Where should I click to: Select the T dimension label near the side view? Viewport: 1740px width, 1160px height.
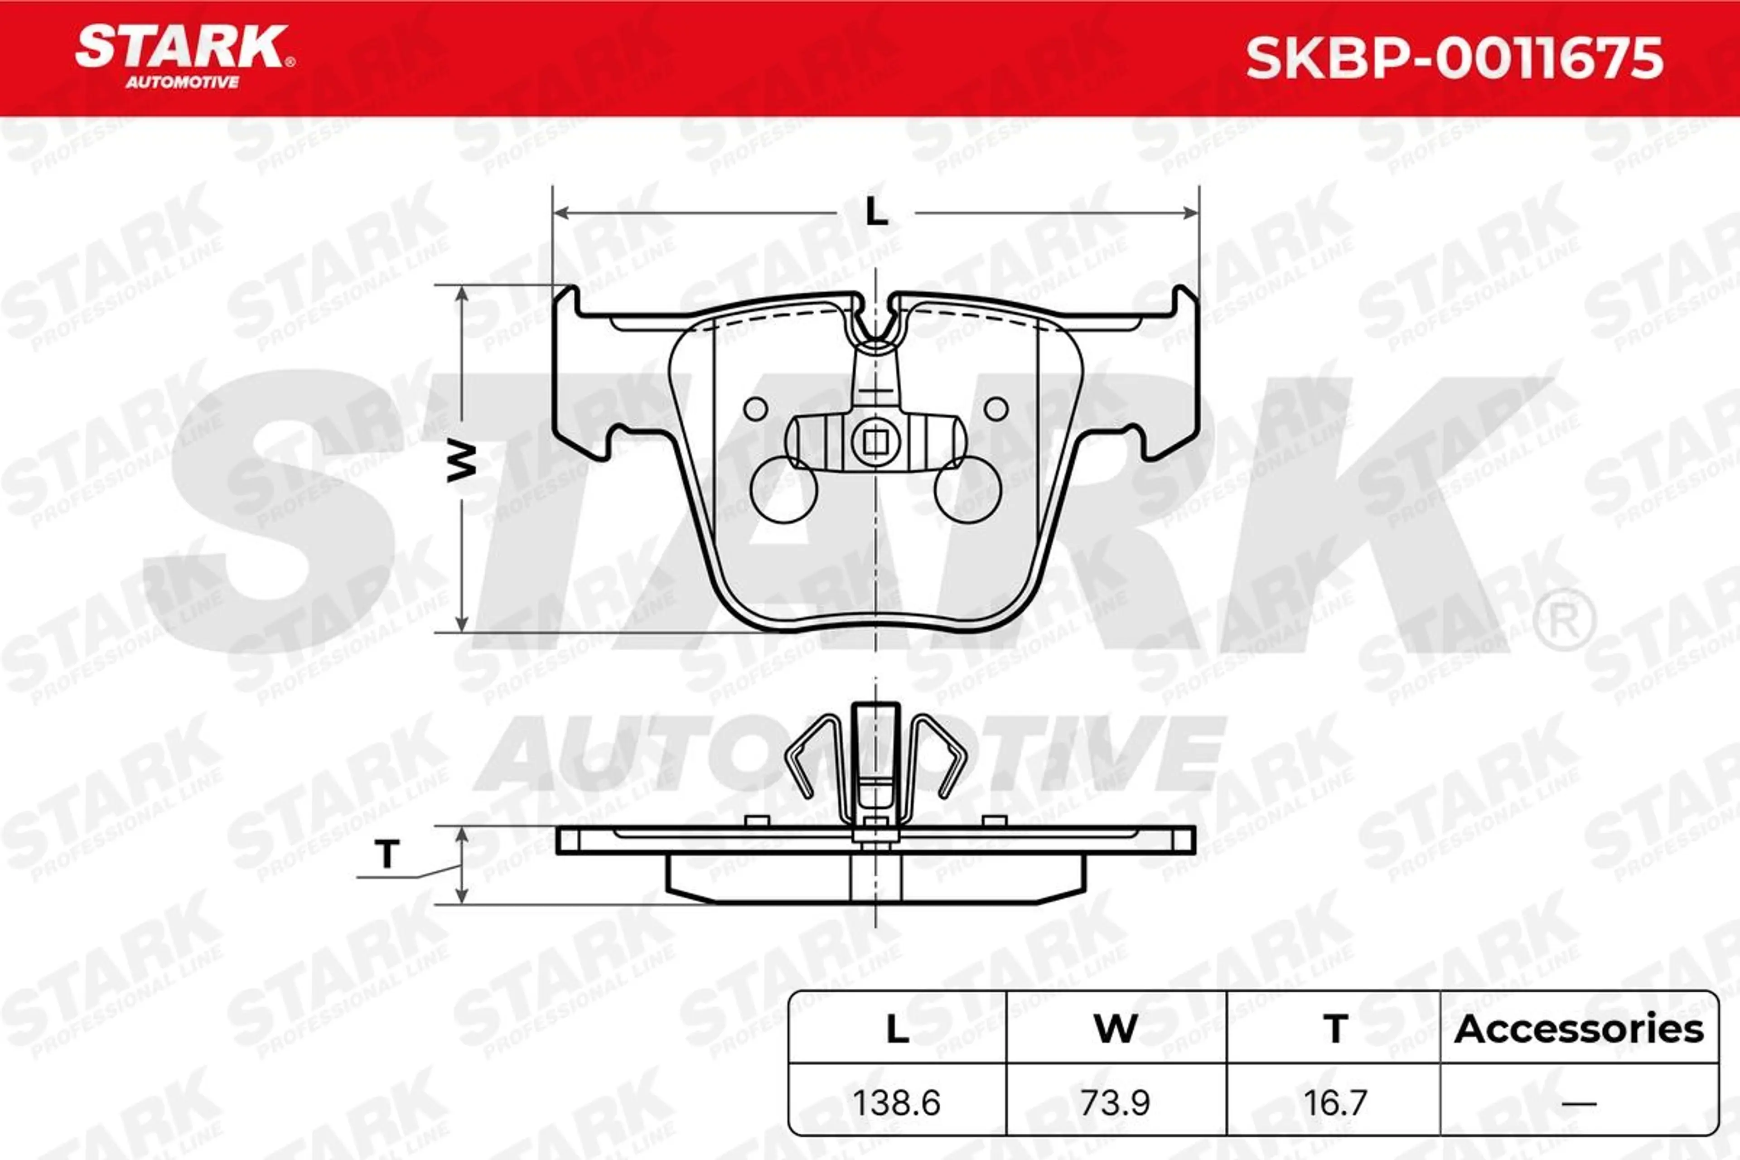[387, 855]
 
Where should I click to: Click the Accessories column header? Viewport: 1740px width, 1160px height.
[1579, 1029]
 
